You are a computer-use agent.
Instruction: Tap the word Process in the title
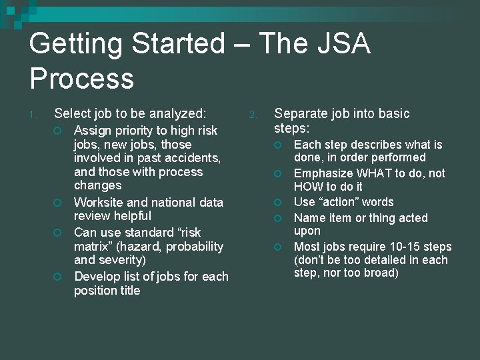coord(81,79)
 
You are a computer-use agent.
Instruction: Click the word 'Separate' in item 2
coord(299,113)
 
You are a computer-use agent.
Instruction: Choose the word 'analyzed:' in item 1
coord(178,113)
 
